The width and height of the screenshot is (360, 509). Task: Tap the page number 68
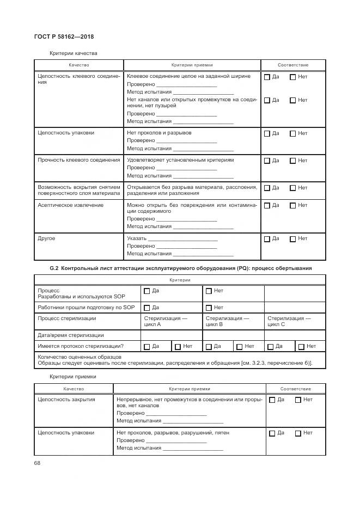click(37, 463)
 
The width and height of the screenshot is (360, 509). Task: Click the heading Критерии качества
click(73, 53)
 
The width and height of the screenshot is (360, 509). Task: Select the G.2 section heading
click(180, 268)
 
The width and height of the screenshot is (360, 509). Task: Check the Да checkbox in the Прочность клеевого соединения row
click(267, 161)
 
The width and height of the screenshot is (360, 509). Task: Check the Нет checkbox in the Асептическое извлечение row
click(292, 205)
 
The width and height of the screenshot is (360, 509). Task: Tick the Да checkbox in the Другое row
click(267, 239)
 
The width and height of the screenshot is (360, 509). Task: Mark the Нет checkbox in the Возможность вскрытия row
click(292, 188)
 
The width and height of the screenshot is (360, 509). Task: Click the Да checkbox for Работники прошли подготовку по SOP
click(147, 308)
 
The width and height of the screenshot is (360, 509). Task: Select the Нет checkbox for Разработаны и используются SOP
click(209, 291)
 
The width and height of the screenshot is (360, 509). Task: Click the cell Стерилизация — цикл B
click(227, 321)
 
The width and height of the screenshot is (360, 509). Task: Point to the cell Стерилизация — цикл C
click(289, 321)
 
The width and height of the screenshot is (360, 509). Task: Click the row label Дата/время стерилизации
click(70, 335)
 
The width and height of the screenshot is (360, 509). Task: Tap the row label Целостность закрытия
click(66, 399)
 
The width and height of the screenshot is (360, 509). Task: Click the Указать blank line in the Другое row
click(183, 239)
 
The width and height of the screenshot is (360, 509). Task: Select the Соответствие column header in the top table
click(293, 65)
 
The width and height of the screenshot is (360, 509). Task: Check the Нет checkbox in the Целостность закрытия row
click(298, 400)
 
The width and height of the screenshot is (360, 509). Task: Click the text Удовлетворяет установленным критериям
click(180, 160)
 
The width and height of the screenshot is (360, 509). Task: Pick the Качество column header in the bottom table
click(74, 389)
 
